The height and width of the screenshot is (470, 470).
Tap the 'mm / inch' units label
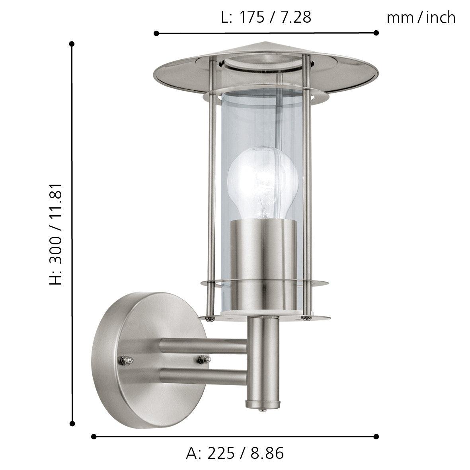pyautogui.click(x=421, y=18)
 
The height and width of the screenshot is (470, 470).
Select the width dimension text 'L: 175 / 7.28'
pyautogui.click(x=266, y=18)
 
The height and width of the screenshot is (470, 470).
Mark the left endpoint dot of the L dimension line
pyautogui.click(x=156, y=33)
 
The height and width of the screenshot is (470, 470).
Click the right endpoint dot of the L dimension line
pyautogui.click(x=376, y=33)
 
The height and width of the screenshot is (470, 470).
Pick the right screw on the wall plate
pyautogui.click(x=201, y=359)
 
